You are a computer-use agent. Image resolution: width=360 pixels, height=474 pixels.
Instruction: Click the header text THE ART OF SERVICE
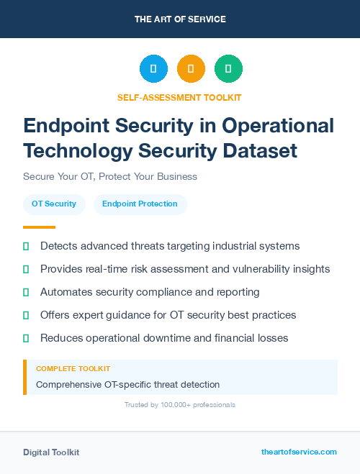(x=180, y=19)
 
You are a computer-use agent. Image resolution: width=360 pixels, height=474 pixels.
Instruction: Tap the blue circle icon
(x=153, y=69)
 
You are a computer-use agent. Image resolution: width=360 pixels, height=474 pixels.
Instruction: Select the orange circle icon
(x=191, y=69)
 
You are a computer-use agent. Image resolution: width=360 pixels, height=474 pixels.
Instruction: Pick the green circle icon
(x=228, y=69)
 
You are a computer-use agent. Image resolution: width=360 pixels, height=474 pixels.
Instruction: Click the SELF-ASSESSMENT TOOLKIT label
(x=180, y=97)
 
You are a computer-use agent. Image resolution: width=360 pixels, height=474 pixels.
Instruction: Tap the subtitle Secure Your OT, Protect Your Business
(x=110, y=176)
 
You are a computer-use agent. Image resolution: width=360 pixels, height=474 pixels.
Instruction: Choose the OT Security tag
(x=54, y=204)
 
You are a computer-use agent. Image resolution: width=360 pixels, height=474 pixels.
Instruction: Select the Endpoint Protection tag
(x=140, y=204)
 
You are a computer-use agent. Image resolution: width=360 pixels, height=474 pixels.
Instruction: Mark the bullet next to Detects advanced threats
(x=26, y=246)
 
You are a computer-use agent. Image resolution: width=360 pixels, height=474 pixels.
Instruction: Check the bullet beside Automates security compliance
(x=26, y=292)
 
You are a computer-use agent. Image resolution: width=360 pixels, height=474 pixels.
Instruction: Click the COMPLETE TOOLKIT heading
(x=73, y=369)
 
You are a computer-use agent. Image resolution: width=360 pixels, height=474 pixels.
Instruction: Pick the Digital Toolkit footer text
(x=51, y=452)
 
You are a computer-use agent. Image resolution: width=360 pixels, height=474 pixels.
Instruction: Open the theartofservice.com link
(x=299, y=452)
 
